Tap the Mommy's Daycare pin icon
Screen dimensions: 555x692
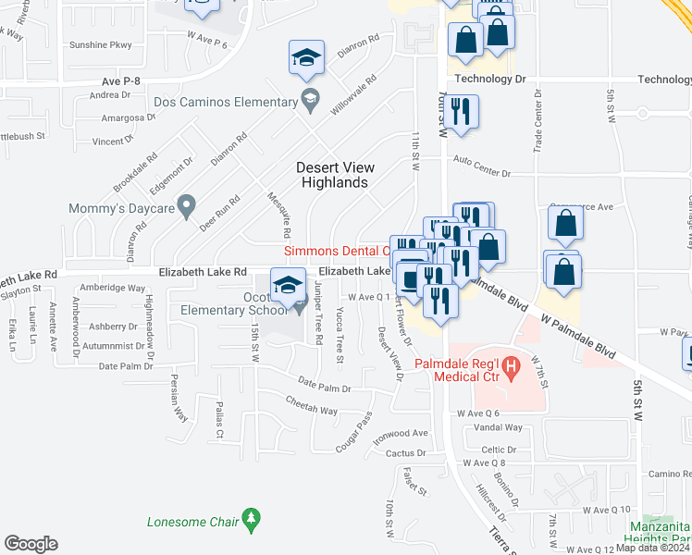pyautogui.click(x=187, y=203)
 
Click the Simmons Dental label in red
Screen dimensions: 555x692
pyautogui.click(x=335, y=251)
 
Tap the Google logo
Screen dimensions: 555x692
pyautogui.click(x=31, y=544)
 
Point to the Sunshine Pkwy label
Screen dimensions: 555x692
pyautogui.click(x=101, y=44)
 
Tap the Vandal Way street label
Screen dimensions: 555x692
pyautogui.click(x=499, y=427)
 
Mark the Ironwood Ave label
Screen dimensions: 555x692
pyautogui.click(x=402, y=433)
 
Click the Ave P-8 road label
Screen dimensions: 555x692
pyautogui.click(x=121, y=82)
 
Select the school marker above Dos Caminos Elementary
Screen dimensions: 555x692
pyautogui.click(x=306, y=58)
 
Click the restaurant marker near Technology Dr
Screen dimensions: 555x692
pyautogui.click(x=460, y=112)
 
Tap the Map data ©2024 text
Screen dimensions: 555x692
pyautogui.click(x=653, y=548)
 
